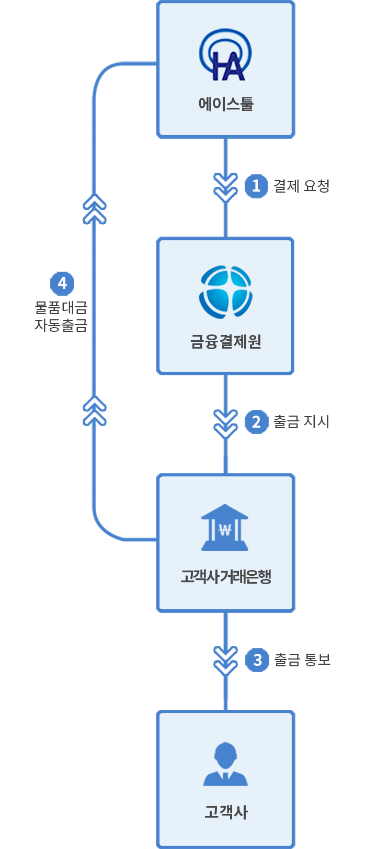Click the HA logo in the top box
click(225, 55)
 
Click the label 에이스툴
click(226, 104)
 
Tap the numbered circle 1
click(256, 186)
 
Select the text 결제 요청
click(302, 186)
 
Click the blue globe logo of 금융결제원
click(226, 292)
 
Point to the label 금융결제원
click(226, 342)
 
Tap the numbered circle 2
click(256, 422)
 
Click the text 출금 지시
click(302, 422)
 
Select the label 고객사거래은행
click(226, 576)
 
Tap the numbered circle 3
click(257, 660)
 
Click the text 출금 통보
click(303, 660)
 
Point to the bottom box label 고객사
click(226, 812)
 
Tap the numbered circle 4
click(62, 283)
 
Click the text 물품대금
click(61, 307)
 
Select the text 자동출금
click(61, 325)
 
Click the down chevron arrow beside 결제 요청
click(226, 187)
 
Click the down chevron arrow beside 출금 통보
click(226, 661)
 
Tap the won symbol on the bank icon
click(225, 530)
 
